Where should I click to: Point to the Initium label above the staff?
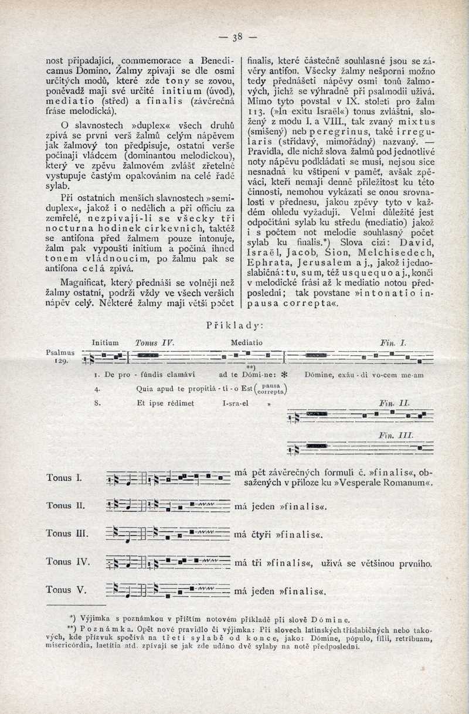tap(106, 342)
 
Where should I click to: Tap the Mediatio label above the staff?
tap(247, 342)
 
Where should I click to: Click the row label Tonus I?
tap(64, 478)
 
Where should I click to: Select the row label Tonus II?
tap(66, 505)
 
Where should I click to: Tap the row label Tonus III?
tap(67, 533)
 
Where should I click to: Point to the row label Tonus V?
tap(66, 590)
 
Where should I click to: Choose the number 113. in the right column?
tap(255, 113)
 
